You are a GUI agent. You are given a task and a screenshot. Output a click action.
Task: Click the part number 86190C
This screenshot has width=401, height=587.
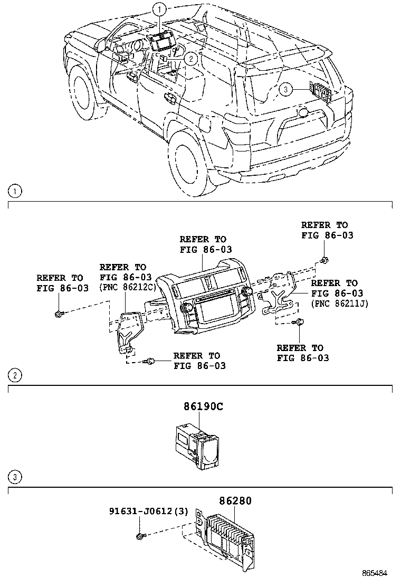point(203,407)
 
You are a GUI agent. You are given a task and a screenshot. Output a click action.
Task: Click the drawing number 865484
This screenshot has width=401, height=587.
point(378,573)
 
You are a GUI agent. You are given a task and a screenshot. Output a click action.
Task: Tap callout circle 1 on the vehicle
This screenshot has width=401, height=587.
point(159,8)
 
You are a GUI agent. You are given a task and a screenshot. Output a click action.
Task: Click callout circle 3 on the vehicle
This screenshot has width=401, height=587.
point(285,90)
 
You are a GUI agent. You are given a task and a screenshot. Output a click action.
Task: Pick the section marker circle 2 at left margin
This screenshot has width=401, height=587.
point(16,376)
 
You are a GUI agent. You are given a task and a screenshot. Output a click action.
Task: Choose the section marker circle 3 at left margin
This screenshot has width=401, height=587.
point(16,478)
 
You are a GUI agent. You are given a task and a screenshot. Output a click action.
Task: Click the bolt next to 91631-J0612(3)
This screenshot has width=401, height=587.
point(140,537)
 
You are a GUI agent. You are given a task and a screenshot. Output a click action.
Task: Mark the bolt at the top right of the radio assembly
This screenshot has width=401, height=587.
point(323,259)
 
